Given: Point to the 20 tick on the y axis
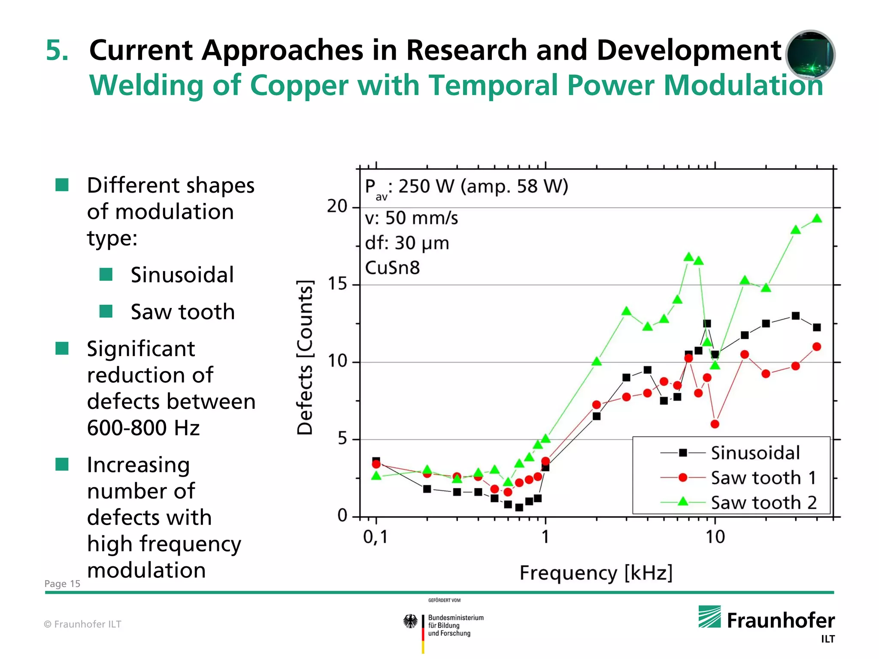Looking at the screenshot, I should point(337,206).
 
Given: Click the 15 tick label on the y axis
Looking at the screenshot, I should point(337,284).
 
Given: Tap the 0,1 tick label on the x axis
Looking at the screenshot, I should point(376,537).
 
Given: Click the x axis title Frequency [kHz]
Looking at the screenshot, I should point(596,573).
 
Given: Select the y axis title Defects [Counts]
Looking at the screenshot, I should point(305,357).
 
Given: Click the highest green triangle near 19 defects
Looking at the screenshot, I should point(817,219).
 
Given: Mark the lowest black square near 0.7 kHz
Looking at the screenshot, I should point(519,508).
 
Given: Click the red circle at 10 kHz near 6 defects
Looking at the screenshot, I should point(715,424).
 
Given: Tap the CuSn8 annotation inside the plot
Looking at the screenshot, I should point(392,268).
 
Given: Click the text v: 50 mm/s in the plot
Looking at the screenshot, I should point(411,218).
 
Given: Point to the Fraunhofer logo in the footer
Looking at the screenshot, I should point(767,620).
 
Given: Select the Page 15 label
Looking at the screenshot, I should point(62,583).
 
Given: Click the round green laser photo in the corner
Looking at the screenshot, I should point(810,54).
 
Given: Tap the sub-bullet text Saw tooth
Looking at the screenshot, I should point(182,311).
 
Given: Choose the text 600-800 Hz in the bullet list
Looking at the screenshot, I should point(143,428).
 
